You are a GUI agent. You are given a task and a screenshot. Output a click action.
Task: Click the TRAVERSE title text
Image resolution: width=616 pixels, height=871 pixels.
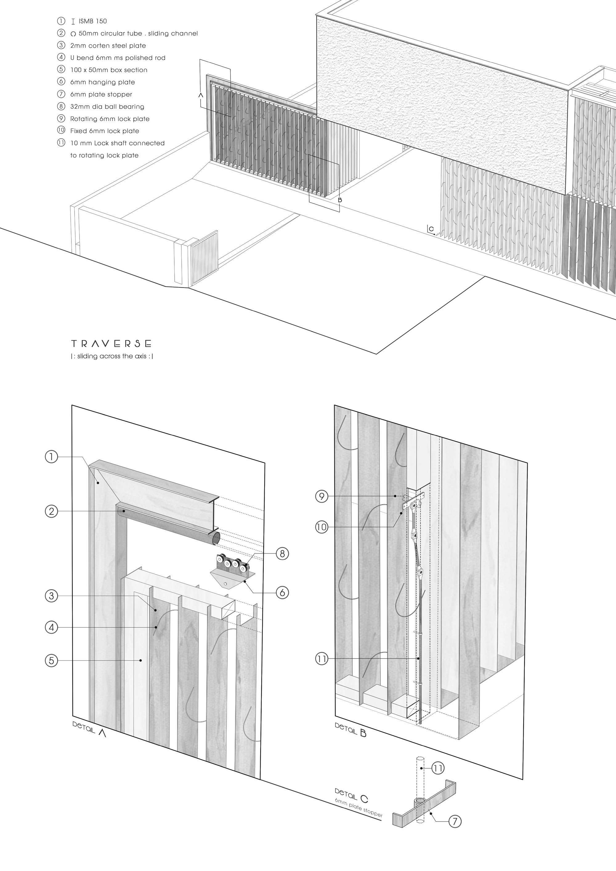[x=111, y=344]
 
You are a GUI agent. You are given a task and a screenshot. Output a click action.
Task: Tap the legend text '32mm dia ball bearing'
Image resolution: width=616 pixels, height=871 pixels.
[x=107, y=107]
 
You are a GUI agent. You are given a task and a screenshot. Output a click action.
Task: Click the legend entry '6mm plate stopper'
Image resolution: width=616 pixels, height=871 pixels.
[x=101, y=95]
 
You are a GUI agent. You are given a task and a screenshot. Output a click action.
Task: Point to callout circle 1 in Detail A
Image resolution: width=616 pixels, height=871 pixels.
[x=51, y=457]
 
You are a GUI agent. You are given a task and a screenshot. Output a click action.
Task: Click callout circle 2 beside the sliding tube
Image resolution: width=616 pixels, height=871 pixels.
[x=51, y=511]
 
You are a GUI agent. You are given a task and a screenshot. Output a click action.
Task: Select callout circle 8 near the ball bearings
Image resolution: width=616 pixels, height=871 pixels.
[x=282, y=554]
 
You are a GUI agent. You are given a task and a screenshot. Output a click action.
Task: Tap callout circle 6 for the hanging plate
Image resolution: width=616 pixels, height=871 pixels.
[x=282, y=592]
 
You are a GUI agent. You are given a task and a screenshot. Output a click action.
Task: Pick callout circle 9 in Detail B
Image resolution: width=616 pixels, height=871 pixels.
[x=321, y=496]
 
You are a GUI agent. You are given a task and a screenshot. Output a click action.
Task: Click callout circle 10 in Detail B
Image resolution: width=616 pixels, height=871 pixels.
[x=321, y=527]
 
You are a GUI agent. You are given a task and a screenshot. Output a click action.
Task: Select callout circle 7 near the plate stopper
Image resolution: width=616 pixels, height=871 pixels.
[x=455, y=821]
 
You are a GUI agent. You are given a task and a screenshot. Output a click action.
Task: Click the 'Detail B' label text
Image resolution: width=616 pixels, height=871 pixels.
[x=351, y=729]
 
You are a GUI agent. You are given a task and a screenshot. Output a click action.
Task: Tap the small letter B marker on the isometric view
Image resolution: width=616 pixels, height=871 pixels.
[x=340, y=200]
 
